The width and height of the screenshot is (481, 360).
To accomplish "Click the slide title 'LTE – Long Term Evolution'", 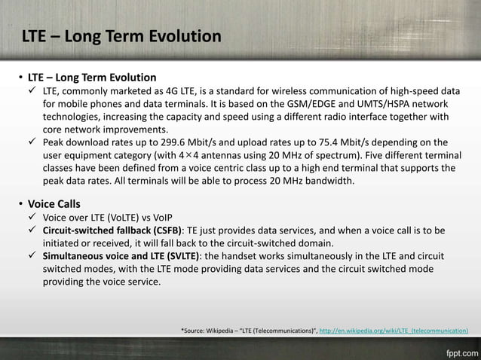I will tap(121, 36).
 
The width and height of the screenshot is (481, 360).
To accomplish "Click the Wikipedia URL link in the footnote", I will tap(394, 330).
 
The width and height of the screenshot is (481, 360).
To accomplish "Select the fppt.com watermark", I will tap(459, 351).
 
